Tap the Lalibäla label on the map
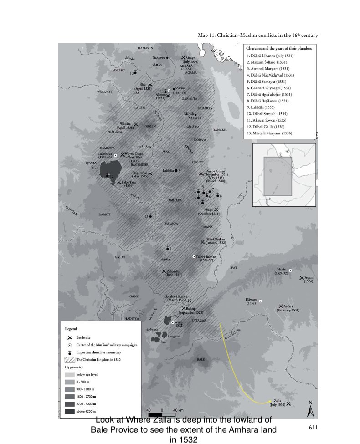tap(169, 171)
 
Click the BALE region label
tap(201, 359)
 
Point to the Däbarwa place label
tap(158, 58)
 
